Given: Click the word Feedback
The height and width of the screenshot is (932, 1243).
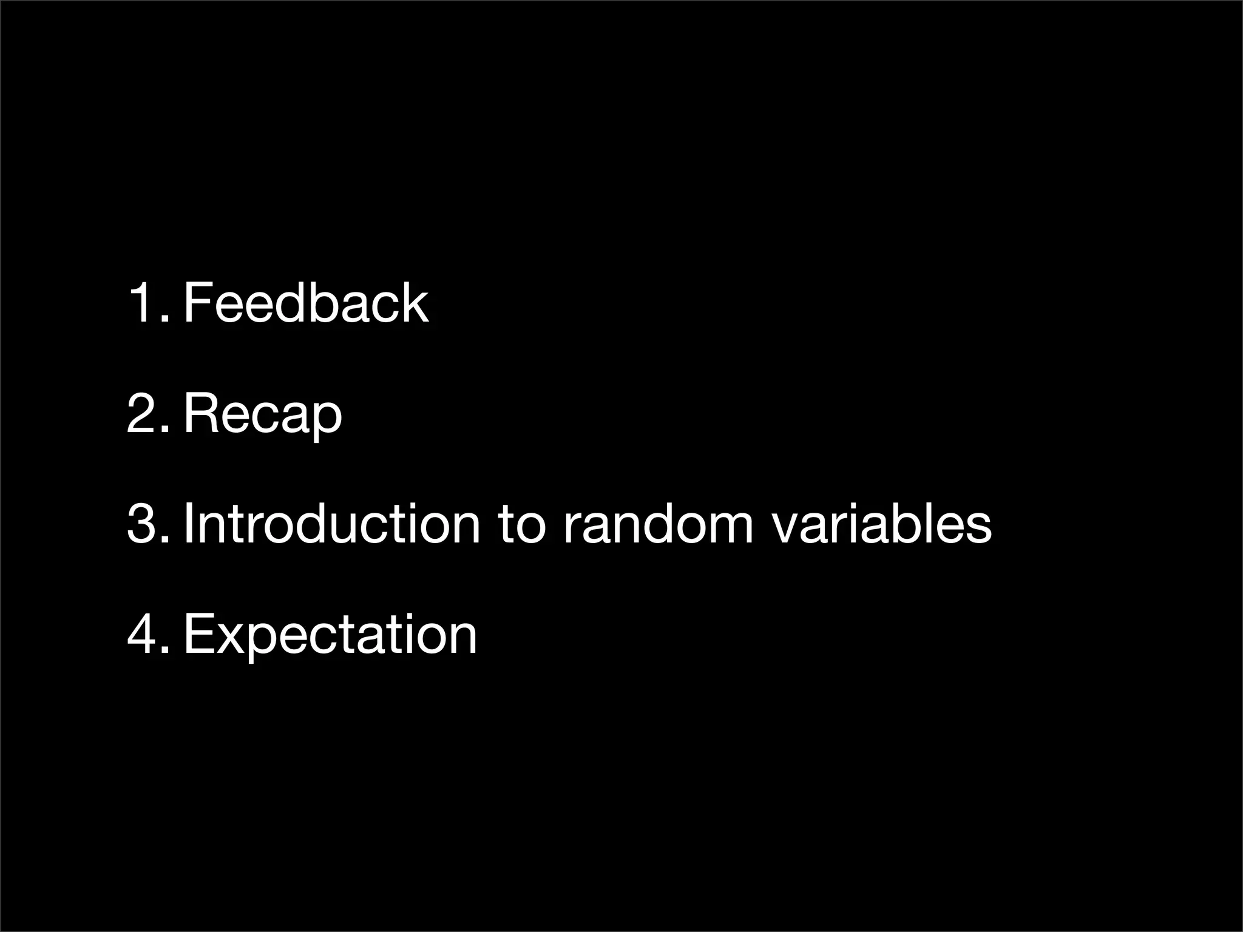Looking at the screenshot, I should point(306,303).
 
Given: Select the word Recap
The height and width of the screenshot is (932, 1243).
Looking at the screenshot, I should point(263,414).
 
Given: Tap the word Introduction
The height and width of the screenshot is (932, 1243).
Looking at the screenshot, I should point(331,523).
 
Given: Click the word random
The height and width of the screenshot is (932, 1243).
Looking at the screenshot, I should point(658,523).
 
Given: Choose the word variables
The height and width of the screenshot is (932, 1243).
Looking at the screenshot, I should point(881,523).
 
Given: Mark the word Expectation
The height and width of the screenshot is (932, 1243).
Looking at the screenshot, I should point(330,635).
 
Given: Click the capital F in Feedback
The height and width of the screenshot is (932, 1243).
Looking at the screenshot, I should point(197,303).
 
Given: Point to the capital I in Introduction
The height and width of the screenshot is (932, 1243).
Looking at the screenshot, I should point(189,523).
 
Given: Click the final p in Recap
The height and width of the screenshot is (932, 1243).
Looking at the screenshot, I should point(326,419).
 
